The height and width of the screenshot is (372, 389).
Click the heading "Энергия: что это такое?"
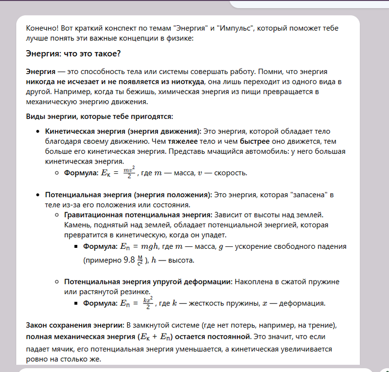(x=73, y=53)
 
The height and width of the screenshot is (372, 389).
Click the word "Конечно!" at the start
(x=42, y=28)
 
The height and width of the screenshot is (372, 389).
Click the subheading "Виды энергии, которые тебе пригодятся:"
(x=99, y=116)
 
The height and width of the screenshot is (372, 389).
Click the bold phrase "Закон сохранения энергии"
(x=74, y=325)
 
